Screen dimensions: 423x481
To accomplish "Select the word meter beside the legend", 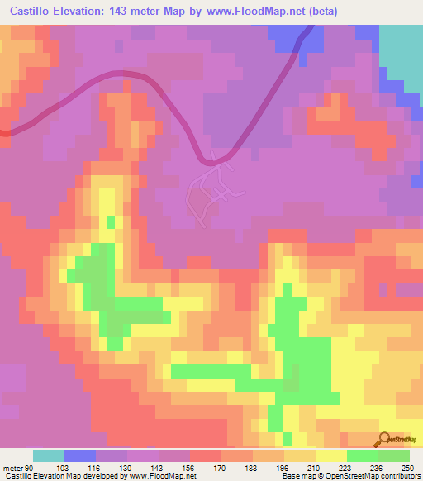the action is click(11, 468).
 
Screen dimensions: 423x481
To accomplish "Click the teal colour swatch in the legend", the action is click(49, 455).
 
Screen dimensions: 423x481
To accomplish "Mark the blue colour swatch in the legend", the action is click(80, 455).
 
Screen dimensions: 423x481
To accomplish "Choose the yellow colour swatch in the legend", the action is click(331, 455).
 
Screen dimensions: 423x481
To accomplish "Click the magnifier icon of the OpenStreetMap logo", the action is click(386, 438).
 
